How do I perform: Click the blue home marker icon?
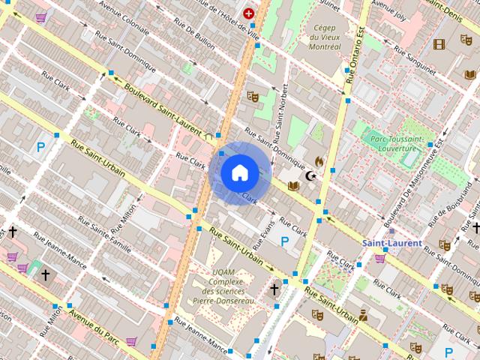click(x=239, y=173)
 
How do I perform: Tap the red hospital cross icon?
click(x=248, y=13)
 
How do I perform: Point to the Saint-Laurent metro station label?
click(x=391, y=243)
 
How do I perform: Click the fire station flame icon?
click(x=319, y=161)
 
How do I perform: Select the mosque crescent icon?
click(x=310, y=176)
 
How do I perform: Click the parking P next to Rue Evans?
click(x=284, y=241)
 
